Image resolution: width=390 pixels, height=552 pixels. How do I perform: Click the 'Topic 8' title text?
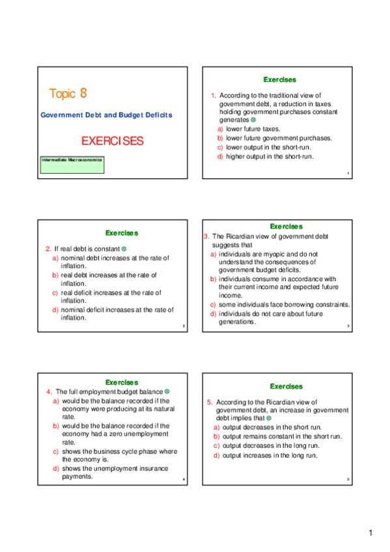click(x=68, y=94)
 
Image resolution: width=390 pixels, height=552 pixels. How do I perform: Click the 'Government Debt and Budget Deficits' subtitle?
click(x=107, y=115)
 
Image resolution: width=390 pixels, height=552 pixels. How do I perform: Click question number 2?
click(x=48, y=249)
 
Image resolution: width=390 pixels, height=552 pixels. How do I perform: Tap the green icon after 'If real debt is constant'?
click(x=124, y=249)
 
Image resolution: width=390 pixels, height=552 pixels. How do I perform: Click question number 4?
click(x=49, y=392)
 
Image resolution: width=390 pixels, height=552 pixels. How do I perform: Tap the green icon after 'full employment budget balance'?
click(x=167, y=391)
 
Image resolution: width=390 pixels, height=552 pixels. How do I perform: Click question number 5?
click(x=210, y=402)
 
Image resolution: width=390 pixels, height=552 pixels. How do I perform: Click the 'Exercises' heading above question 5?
click(x=286, y=387)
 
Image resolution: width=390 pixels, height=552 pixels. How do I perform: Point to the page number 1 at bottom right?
click(x=370, y=534)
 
